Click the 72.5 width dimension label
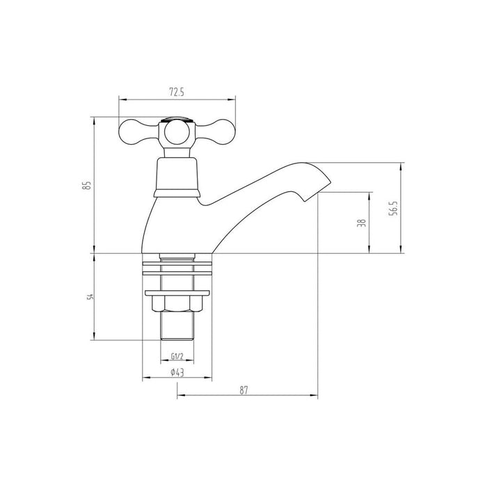pos(177,90)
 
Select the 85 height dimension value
pos(86,185)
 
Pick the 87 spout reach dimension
pos(244,390)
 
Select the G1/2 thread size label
pos(177,358)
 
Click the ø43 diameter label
pos(177,373)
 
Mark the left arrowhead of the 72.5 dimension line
pos(121,97)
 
